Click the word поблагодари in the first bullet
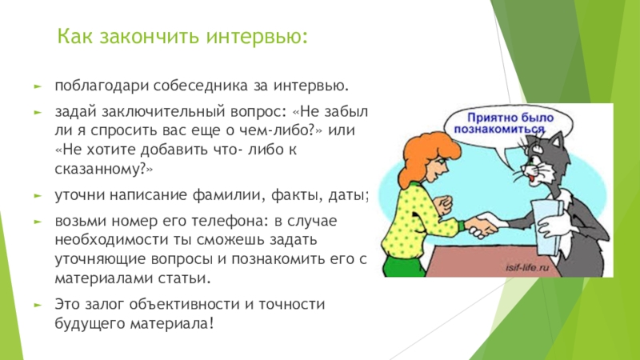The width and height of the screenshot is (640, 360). (102, 86)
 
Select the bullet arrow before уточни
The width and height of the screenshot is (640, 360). (38, 196)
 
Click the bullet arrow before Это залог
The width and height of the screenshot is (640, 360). (38, 305)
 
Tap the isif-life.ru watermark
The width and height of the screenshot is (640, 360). (527, 268)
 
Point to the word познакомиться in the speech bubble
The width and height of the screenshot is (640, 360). (499, 130)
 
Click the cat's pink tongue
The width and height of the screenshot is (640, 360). (531, 177)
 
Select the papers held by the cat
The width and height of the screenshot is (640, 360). (547, 226)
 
